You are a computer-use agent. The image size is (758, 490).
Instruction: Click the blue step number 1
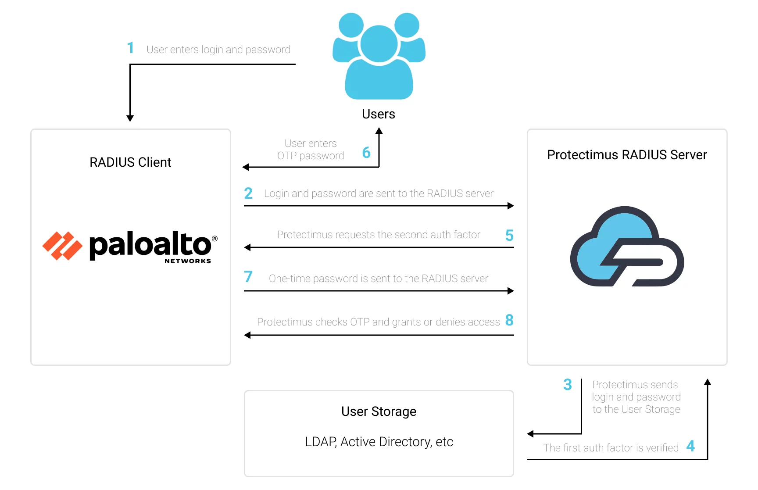(130, 48)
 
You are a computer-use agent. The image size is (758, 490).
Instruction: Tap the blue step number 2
(248, 193)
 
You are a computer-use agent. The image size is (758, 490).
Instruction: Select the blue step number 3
(568, 385)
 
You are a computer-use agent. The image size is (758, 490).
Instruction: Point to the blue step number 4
(690, 446)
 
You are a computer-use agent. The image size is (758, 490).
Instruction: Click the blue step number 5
(509, 236)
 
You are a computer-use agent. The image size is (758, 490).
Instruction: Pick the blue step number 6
(366, 153)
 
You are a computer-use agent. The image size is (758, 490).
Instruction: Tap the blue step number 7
(248, 277)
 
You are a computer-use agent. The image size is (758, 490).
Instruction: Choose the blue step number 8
(509, 320)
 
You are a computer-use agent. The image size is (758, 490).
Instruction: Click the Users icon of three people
(379, 56)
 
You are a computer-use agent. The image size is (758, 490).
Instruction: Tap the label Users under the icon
(379, 114)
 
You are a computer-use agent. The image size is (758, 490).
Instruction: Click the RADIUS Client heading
(130, 162)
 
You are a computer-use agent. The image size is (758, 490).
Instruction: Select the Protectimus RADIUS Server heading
(627, 155)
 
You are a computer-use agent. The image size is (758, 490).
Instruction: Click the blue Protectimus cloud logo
(627, 246)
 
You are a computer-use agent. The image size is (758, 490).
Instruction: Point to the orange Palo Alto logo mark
(62, 246)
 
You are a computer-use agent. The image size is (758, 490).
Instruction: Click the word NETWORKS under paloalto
(188, 261)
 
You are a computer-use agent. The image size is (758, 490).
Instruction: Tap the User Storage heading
(379, 411)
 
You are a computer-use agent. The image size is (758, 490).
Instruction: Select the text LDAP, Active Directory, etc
(379, 442)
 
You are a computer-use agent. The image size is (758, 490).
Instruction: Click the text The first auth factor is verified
(611, 448)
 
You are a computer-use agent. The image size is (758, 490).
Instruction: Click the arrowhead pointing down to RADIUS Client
(130, 118)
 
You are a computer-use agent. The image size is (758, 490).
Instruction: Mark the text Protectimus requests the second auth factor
(379, 235)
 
